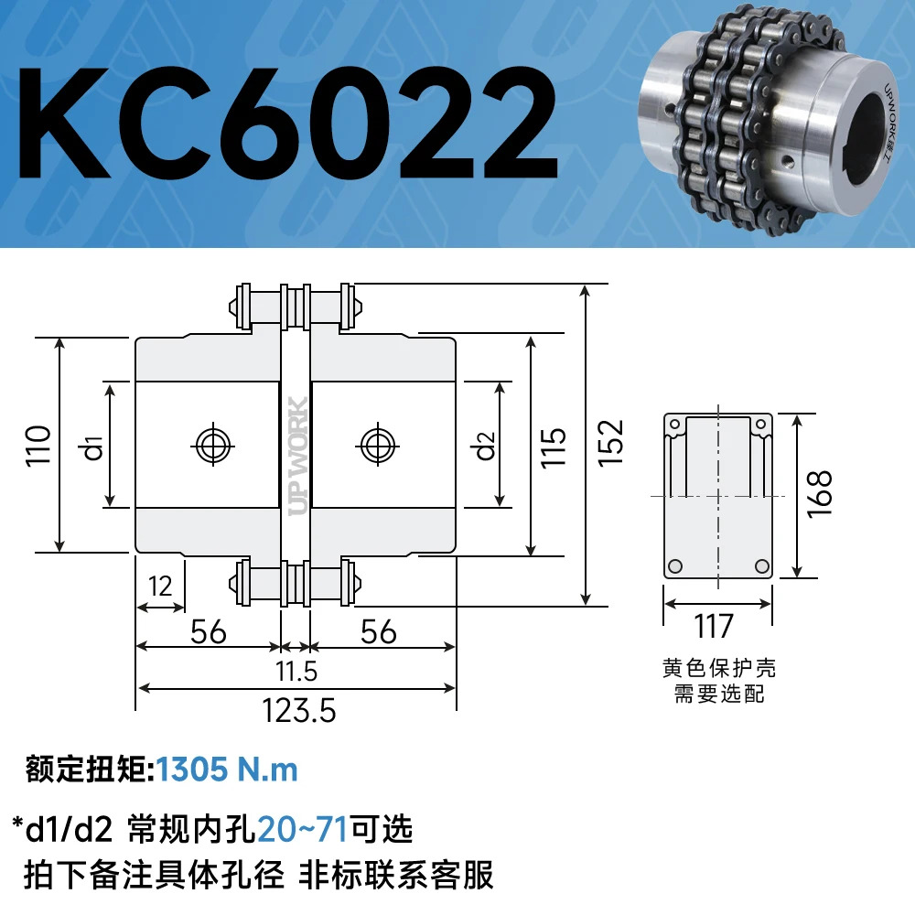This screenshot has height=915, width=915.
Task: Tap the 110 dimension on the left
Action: click(38, 446)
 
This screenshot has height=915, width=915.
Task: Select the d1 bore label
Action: click(93, 447)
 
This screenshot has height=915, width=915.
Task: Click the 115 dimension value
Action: click(553, 447)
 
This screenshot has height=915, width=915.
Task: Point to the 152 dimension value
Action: click(610, 443)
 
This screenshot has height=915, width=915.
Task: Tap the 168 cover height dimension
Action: click(819, 494)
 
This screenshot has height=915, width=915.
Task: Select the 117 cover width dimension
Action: click(713, 627)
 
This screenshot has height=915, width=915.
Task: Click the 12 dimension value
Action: click(160, 586)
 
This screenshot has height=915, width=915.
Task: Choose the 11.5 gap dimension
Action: click(296, 671)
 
